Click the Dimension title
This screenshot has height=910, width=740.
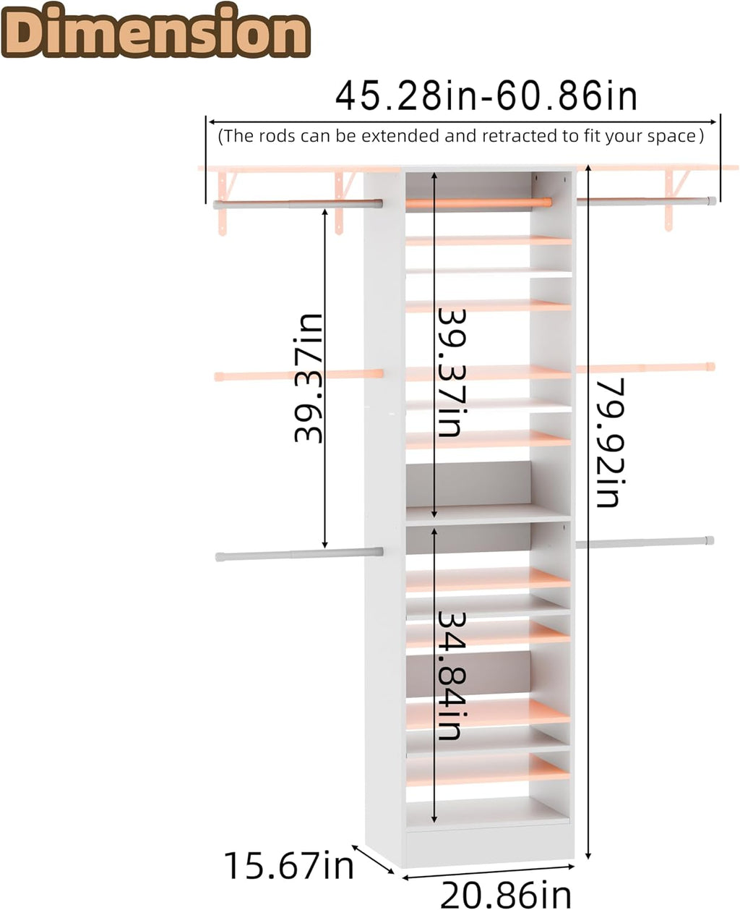pyautogui.click(x=155, y=30)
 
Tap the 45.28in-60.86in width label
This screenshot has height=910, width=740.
pyautogui.click(x=486, y=97)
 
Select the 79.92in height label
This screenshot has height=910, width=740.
pyautogui.click(x=611, y=443)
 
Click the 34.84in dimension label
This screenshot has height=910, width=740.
pyautogui.click(x=450, y=676)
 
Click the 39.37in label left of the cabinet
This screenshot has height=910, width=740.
pyautogui.click(x=309, y=378)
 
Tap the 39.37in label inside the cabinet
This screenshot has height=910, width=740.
pyautogui.click(x=450, y=373)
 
